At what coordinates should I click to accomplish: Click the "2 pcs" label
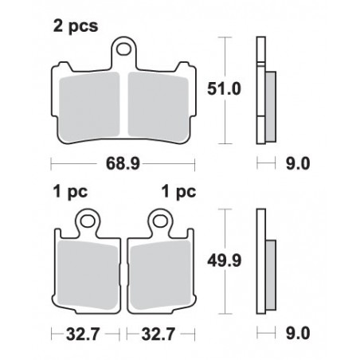tap(76, 26)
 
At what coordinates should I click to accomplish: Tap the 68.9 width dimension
tap(123, 163)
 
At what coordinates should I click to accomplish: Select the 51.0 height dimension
tap(224, 88)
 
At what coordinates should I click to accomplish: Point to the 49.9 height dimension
tap(225, 260)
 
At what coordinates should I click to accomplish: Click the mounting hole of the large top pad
tap(124, 49)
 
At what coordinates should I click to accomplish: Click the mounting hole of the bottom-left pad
tap(88, 221)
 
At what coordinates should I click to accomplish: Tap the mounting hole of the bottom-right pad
tap(161, 221)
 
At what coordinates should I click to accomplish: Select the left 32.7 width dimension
tap(83, 335)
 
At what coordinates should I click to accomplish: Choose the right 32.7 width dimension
tap(158, 335)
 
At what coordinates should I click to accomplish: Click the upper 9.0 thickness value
tap(298, 163)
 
